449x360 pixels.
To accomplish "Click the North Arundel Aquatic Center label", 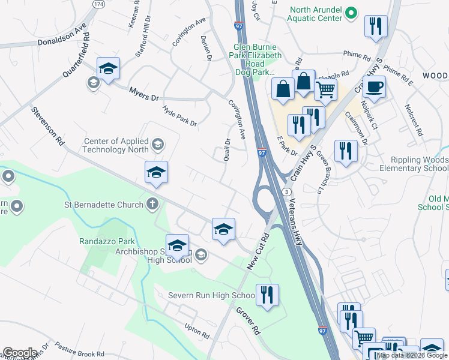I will coord(317,14).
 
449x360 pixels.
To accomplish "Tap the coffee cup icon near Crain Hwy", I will coord(373,86).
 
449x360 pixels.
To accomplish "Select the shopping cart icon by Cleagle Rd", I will coord(325,90).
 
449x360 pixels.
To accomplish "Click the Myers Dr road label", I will coord(144,94).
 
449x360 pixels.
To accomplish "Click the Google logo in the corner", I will coord(20,353).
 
